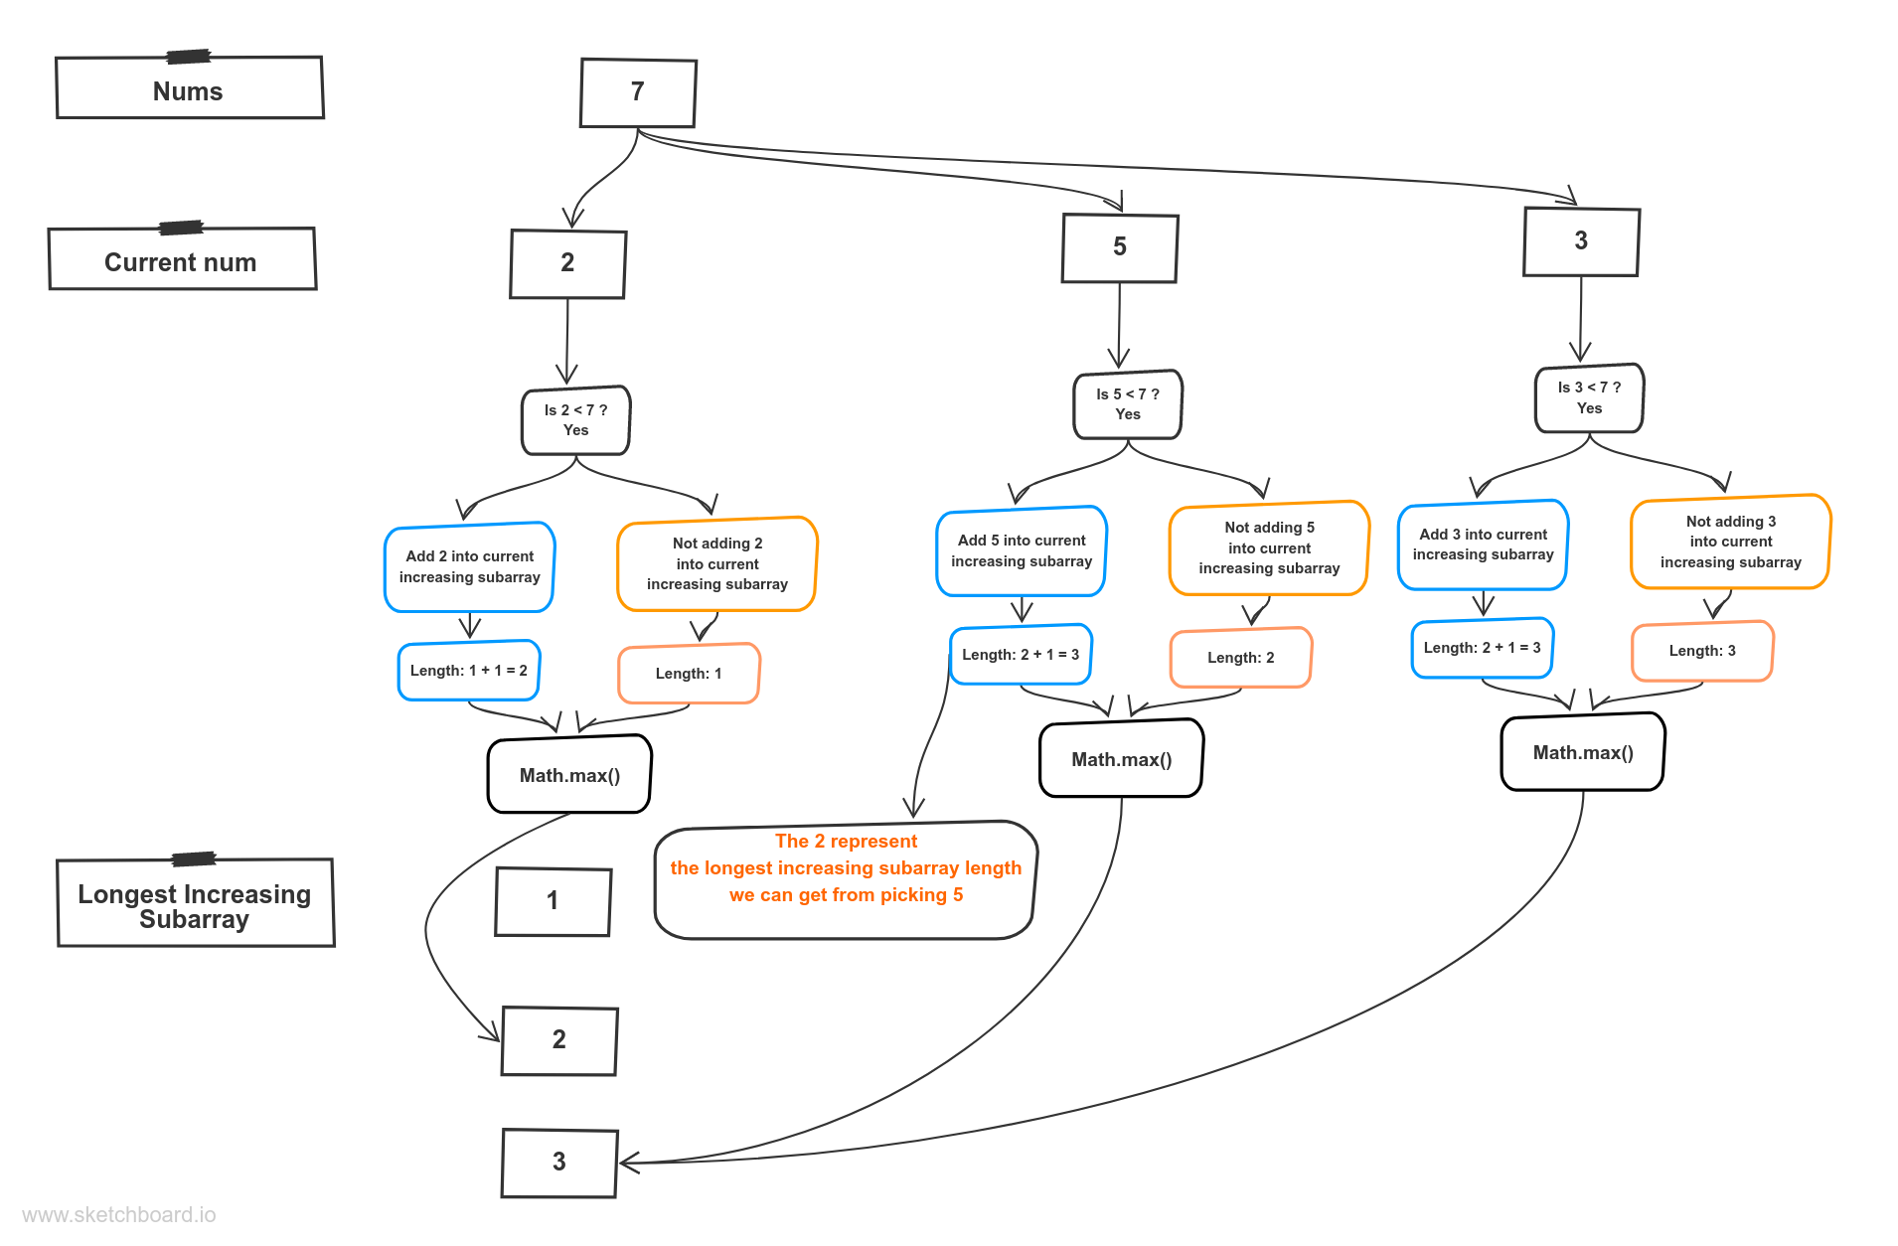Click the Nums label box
(x=189, y=89)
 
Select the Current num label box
(x=182, y=260)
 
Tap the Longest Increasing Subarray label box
(x=195, y=904)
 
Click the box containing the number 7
(x=638, y=92)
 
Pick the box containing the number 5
(x=1119, y=248)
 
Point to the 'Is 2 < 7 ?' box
(x=575, y=420)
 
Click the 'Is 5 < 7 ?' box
(x=1127, y=404)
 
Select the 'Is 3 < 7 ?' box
(x=1588, y=398)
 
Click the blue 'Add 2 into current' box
(x=469, y=566)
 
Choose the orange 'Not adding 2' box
(x=716, y=563)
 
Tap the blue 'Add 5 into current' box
(x=1021, y=550)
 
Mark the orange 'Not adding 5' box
(x=1268, y=547)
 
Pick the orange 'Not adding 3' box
(x=1730, y=542)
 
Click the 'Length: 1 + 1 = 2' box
(x=468, y=671)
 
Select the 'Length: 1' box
(x=689, y=674)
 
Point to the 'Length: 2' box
(x=1240, y=658)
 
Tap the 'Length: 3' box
(x=1701, y=651)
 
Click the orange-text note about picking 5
(x=846, y=879)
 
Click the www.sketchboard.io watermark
(x=119, y=1215)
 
